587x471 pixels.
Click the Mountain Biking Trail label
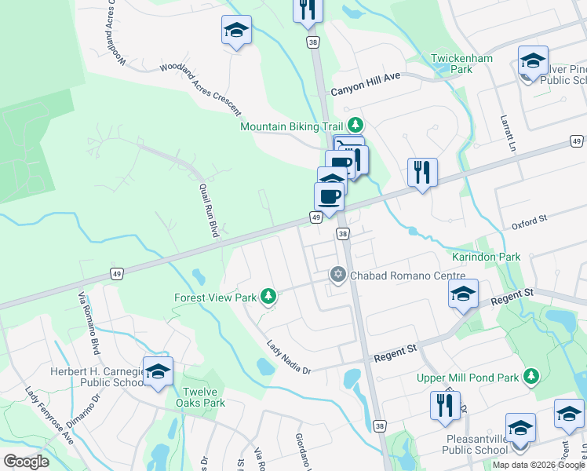point(292,126)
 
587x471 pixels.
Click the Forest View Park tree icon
point(268,296)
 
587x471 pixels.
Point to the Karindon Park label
point(487,257)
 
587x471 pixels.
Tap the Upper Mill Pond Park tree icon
point(531,377)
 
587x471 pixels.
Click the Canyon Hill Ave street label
point(366,90)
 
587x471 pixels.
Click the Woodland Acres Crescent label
point(201,90)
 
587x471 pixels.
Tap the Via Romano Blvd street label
point(89,322)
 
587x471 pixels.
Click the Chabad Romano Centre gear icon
point(337,274)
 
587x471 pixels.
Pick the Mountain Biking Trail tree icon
point(355,125)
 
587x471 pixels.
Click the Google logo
point(26,462)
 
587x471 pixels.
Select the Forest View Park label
point(215,298)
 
